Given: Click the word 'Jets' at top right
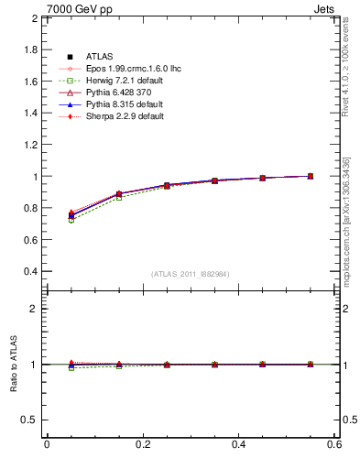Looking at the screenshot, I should click(x=326, y=8).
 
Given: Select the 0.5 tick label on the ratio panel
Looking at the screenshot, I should click(x=30, y=420).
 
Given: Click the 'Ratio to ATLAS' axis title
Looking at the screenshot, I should click(x=13, y=365).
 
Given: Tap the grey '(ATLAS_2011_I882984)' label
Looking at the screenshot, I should click(x=191, y=274).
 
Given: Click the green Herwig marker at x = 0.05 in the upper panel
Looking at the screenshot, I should click(x=71, y=221).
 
